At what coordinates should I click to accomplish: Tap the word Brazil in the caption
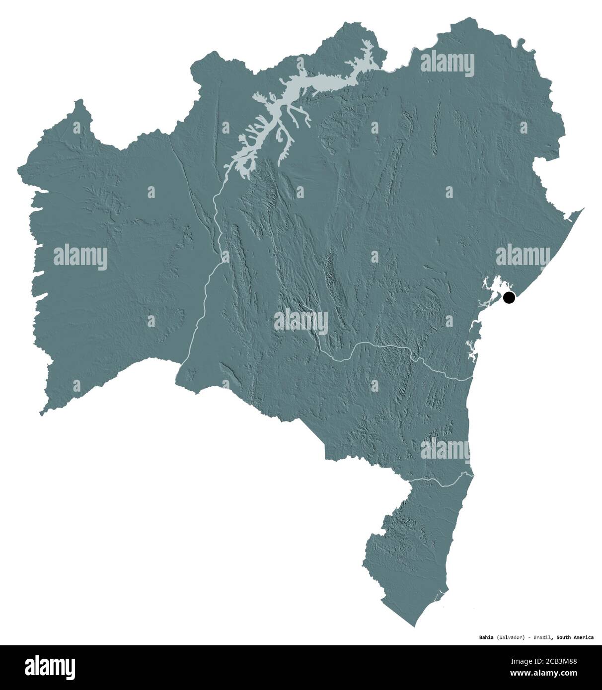(x=542, y=637)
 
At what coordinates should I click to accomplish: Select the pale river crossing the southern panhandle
(x=437, y=481)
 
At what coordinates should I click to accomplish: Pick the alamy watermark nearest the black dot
(x=523, y=256)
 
